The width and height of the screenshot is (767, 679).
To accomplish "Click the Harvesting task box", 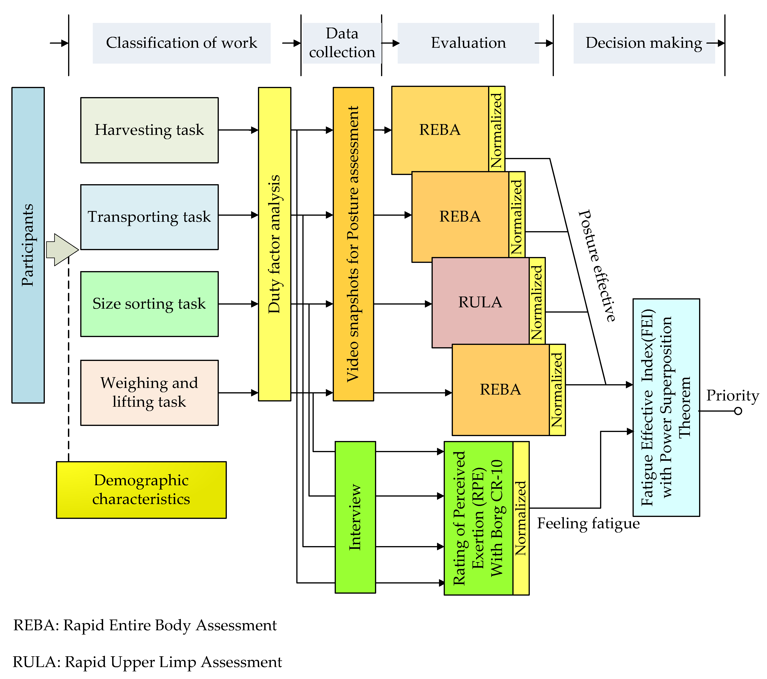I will point(149,130).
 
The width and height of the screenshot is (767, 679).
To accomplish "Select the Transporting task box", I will point(149,217).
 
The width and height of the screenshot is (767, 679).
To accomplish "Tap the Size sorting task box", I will point(149,304).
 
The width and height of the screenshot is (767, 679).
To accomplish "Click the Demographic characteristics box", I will point(141,490).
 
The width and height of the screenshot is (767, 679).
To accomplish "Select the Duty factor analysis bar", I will point(274,244).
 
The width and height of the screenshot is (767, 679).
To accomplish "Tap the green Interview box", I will point(355,517).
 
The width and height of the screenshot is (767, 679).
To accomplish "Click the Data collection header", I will point(342,43).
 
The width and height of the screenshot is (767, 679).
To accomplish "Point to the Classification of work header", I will point(182,43).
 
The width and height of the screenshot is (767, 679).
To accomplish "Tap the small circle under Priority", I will point(738,411).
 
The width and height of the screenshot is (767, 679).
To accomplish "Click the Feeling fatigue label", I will point(588,523).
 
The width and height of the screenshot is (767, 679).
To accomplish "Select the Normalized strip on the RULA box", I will point(537,302).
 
